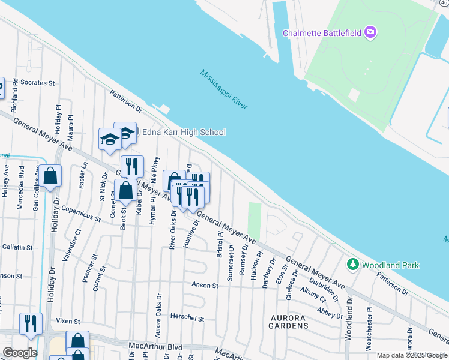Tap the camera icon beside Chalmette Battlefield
pos(370,32)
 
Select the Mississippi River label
pos(224,89)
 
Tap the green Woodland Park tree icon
pos(353,263)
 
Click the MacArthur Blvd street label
pos(155,346)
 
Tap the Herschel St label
pos(188,319)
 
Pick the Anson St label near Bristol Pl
pos(205,286)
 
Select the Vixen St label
pos(68,321)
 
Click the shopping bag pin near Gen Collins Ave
pos(51,176)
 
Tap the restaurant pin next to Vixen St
pos(30,323)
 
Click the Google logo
pos(20,353)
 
